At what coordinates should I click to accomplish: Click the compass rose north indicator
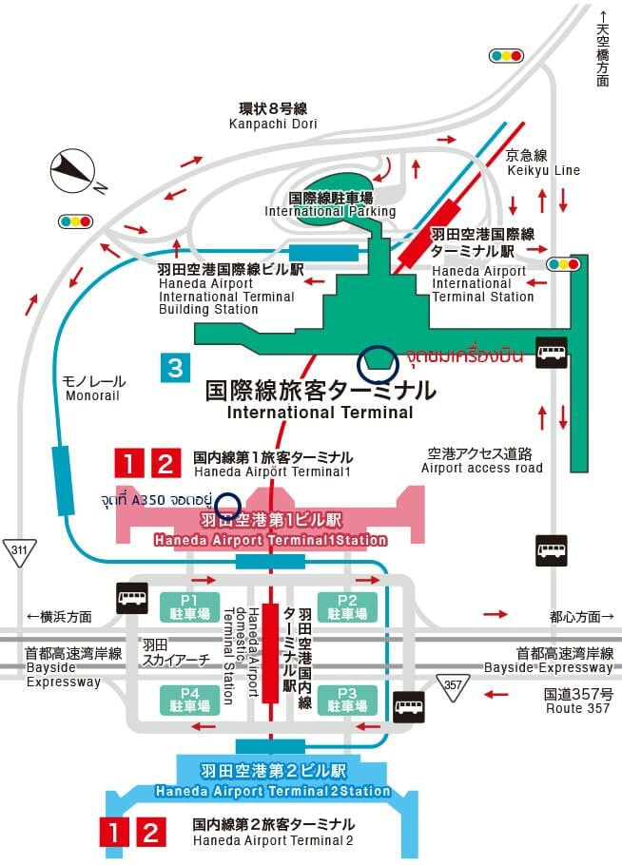click(73, 171)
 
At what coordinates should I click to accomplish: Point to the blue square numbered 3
click(176, 368)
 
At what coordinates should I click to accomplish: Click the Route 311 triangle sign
click(19, 552)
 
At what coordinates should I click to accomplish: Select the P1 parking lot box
click(189, 607)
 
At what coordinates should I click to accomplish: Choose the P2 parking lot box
click(347, 607)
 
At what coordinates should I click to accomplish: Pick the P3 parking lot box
click(347, 700)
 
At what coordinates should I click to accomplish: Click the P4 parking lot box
click(189, 700)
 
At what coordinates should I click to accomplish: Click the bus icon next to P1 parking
click(132, 598)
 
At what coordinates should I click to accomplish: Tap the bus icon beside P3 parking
click(409, 706)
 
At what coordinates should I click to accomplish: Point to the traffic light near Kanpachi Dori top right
click(506, 56)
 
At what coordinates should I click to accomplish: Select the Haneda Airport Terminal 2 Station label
click(273, 791)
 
